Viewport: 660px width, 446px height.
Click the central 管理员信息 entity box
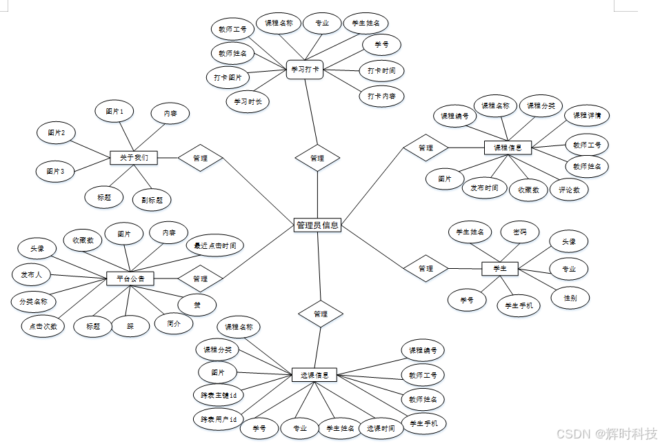(317, 225)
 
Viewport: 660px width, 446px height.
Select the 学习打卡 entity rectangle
(305, 70)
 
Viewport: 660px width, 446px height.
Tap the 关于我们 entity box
(134, 158)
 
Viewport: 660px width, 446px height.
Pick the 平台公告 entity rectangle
(130, 278)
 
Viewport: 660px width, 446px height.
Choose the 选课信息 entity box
(314, 375)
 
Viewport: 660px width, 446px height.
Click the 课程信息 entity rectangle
(508, 147)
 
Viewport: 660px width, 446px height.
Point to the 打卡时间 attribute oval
(381, 70)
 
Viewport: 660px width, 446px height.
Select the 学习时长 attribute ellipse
(248, 101)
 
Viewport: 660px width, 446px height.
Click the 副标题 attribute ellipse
(152, 200)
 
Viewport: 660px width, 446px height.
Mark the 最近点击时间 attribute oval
(215, 245)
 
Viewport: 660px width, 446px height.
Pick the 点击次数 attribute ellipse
(43, 326)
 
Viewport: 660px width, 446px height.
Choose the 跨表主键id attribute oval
(219, 395)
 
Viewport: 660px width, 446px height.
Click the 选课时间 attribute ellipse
(381, 428)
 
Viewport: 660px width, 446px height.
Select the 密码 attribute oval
(519, 232)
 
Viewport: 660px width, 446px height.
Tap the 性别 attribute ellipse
(570, 298)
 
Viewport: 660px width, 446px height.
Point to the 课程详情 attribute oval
(587, 115)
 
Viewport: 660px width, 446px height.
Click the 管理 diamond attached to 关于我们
(201, 158)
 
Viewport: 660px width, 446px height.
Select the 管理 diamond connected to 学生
(426, 268)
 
